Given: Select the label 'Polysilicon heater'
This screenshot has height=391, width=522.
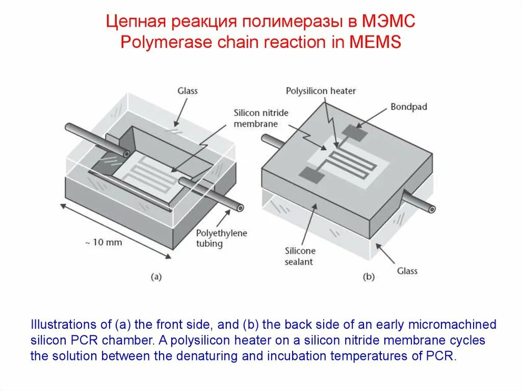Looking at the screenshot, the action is click(x=321, y=91).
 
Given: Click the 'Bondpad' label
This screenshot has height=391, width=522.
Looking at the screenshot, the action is click(x=409, y=107).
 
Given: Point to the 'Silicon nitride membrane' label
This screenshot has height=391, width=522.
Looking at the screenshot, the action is click(x=256, y=118).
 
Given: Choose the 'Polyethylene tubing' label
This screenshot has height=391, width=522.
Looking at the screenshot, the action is click(x=221, y=238).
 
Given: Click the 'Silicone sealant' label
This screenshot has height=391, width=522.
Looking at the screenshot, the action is click(x=300, y=256).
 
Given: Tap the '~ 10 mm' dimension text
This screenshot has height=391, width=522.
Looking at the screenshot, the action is click(x=103, y=242).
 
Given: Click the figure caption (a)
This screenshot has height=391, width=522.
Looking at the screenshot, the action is click(x=156, y=277).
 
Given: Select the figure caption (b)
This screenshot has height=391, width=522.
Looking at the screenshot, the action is click(x=369, y=277).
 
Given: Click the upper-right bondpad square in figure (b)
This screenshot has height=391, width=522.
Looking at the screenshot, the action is click(x=355, y=133).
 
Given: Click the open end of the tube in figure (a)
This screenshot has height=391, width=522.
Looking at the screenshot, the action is click(x=239, y=207).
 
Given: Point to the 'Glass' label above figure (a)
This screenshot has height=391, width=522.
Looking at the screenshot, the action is click(x=187, y=91).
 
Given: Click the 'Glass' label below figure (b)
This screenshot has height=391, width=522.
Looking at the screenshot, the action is click(x=407, y=271).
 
